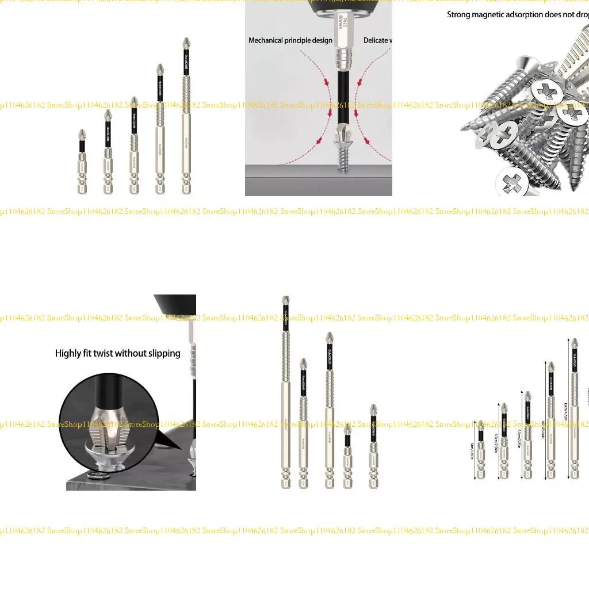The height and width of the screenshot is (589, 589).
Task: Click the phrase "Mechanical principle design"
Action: coord(290,40)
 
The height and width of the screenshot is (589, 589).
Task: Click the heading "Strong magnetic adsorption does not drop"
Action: coord(518,14)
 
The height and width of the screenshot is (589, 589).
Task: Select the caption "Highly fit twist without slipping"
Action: coord(118,353)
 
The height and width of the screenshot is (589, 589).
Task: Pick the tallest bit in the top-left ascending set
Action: coord(186,115)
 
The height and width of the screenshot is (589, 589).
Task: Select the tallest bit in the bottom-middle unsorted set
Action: coord(286,391)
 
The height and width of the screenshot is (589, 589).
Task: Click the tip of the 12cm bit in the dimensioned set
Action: coord(575,343)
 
